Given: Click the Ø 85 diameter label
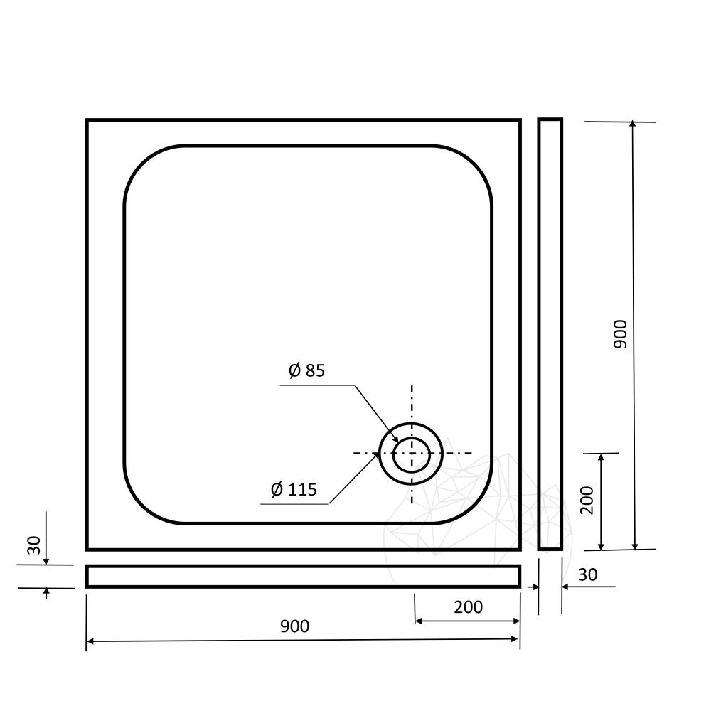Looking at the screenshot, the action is coord(307,370).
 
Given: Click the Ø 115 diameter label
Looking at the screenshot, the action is coord(294,490).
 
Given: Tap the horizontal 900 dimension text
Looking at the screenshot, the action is coord(295,626).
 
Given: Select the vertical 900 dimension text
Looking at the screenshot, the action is coord(620,334).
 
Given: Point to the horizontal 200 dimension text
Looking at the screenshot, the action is coord(469,606).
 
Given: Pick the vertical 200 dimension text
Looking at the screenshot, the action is coord(587,500).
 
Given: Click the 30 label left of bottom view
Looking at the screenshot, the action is coord(34,545).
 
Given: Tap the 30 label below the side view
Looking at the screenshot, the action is coord(588,574).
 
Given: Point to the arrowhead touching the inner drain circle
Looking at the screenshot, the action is coord(395,439).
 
